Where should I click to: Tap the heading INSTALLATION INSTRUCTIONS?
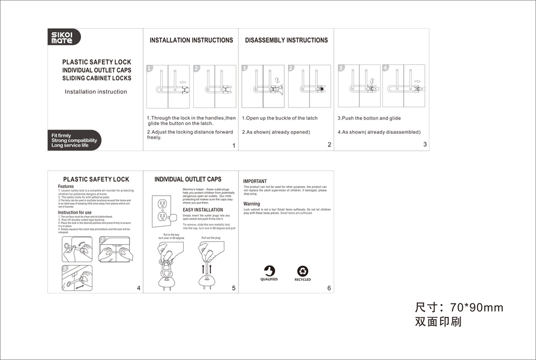pyautogui.click(x=191, y=40)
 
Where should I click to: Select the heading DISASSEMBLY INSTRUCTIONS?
pyautogui.click(x=286, y=40)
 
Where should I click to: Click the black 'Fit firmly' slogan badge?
pyautogui.click(x=74, y=140)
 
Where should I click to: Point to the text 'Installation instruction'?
pyautogui.click(x=96, y=92)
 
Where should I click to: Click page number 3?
pyautogui.click(x=425, y=144)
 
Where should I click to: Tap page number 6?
pyautogui.click(x=329, y=288)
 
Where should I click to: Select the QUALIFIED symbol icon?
pyautogui.click(x=269, y=271)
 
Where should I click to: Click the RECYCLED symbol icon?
pyautogui.click(x=303, y=271)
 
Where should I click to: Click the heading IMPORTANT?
pyautogui.click(x=255, y=181)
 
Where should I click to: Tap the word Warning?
pyautogui.click(x=251, y=204)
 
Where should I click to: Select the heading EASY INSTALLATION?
pyautogui.click(x=203, y=209)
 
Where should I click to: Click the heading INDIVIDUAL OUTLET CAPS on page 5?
pyautogui.click(x=188, y=179)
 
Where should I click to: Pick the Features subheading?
pyautogui.click(x=66, y=187)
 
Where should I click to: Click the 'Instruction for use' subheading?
pyautogui.click(x=75, y=212)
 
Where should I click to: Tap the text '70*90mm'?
pyautogui.click(x=477, y=308)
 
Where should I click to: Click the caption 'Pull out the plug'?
pyautogui.click(x=211, y=238)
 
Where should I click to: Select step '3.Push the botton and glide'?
pyautogui.click(x=369, y=118)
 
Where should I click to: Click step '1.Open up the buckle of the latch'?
pyautogui.click(x=280, y=118)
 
